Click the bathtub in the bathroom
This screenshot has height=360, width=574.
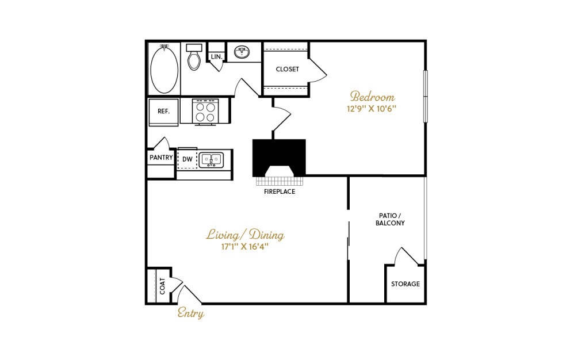[x=164, y=69]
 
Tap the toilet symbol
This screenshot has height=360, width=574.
[x=194, y=57]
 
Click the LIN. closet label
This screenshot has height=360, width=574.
[x=217, y=57]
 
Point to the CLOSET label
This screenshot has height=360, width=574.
[x=288, y=69]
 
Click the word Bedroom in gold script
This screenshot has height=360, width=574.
[x=372, y=97]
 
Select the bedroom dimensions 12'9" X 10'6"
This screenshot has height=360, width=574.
[x=372, y=109]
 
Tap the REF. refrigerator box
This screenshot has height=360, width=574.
[x=164, y=112]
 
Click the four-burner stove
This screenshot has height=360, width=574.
[x=205, y=112]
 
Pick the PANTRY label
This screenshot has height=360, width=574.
[x=161, y=158]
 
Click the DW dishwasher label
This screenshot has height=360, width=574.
[x=187, y=159]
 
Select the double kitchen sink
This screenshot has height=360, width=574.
[x=211, y=160]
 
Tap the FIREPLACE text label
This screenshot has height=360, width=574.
[x=280, y=192]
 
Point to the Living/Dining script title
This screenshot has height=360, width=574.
[x=245, y=235]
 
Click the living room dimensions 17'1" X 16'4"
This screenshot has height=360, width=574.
[x=245, y=247]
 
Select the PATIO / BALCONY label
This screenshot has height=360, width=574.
[x=390, y=219]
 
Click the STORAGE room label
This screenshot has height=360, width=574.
[x=405, y=284]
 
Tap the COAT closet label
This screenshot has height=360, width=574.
[x=163, y=286]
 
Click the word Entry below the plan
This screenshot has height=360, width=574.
[x=191, y=313]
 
